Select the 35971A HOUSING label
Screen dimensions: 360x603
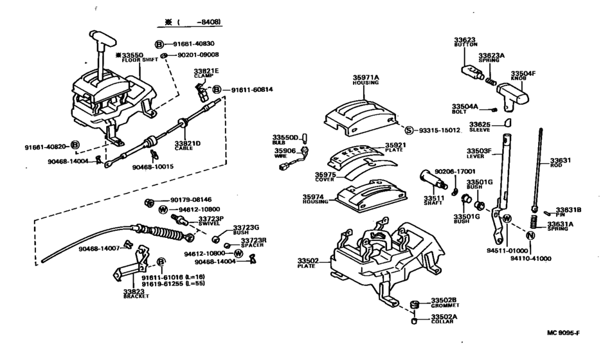click(366, 79)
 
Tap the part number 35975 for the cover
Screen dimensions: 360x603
click(325, 174)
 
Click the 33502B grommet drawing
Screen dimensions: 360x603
click(415, 303)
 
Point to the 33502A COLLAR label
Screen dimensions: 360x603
click(444, 318)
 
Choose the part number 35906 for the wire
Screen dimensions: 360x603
click(285, 152)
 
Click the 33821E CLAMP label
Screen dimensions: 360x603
click(207, 73)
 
